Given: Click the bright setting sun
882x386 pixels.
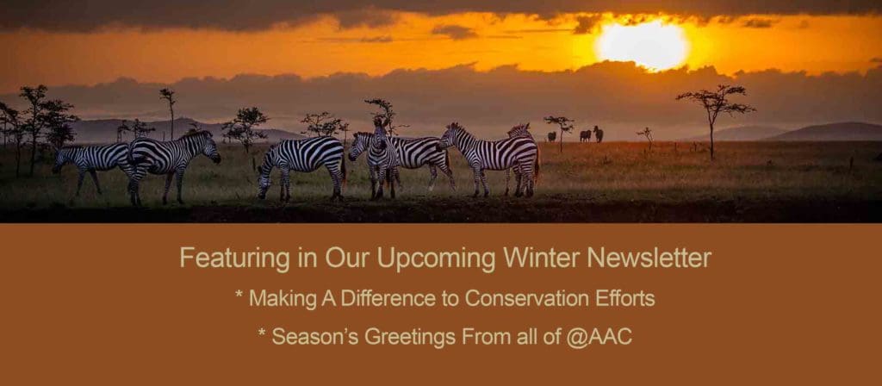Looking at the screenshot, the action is coord(643,46).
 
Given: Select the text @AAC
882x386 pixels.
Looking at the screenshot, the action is coord(599,337).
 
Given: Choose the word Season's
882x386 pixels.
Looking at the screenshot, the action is coord(314,337).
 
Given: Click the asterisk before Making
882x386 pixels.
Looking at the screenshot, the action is coord(239,294).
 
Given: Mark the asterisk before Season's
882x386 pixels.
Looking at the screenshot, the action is coord(262,332).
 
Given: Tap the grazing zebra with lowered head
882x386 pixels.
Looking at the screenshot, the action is coord(301,167).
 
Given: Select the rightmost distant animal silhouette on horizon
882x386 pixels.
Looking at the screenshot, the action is coord(598,134).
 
